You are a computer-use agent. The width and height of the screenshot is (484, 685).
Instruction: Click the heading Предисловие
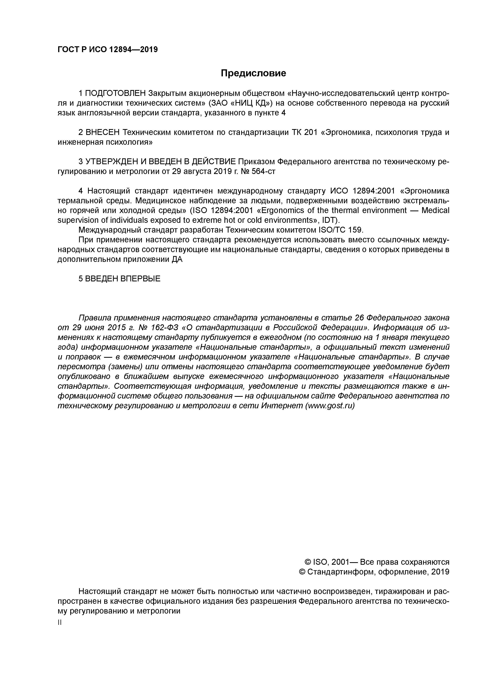coord(253,73)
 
